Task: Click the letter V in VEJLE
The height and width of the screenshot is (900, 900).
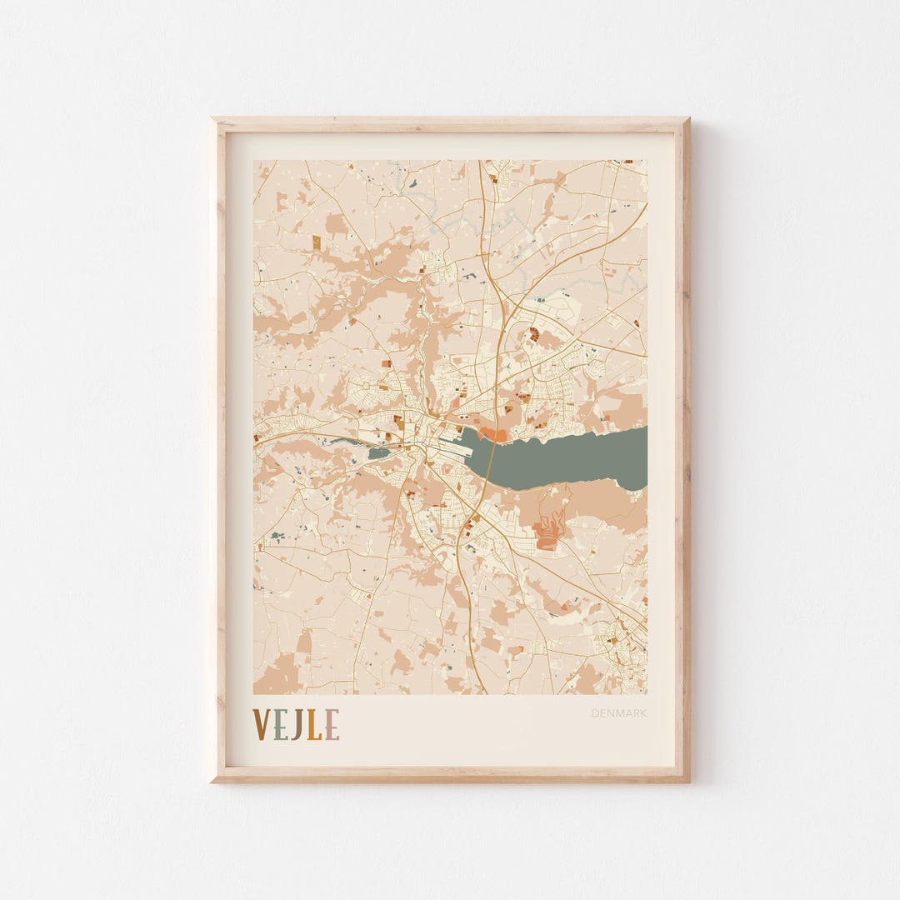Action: (261, 724)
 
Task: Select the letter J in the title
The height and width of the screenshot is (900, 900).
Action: (296, 724)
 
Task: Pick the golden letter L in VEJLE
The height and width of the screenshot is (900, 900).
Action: (313, 724)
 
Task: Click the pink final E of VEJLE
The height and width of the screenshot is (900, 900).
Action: (331, 724)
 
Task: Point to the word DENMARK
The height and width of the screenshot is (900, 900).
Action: (619, 713)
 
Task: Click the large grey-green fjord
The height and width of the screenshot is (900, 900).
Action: (575, 458)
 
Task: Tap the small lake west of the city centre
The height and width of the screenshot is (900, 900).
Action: (377, 453)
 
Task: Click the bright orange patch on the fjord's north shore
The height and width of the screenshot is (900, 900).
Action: (492, 434)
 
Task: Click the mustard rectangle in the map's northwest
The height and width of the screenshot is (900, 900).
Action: (316, 242)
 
